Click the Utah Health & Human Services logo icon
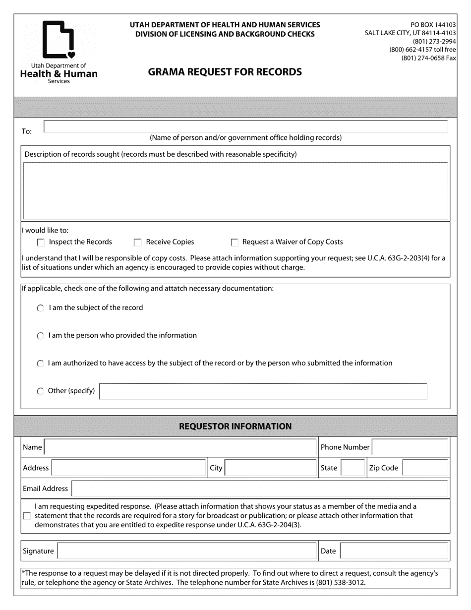click(59, 40)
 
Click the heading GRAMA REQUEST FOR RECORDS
click(225, 72)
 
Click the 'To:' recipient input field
click(245, 126)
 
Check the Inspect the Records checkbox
click(41, 243)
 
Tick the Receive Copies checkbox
click(138, 243)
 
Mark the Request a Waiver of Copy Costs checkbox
click(235, 243)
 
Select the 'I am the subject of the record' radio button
click(41, 308)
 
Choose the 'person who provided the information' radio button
click(41, 336)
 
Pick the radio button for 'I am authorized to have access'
click(41, 364)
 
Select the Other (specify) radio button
click(41, 391)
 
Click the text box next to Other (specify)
click(263, 391)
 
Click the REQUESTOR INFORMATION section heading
click(235, 427)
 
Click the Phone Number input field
click(410, 447)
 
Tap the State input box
click(353, 468)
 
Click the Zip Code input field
click(424, 468)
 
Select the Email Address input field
click(260, 488)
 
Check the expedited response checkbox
click(27, 516)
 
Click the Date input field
click(394, 551)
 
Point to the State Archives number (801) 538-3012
click(341, 582)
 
